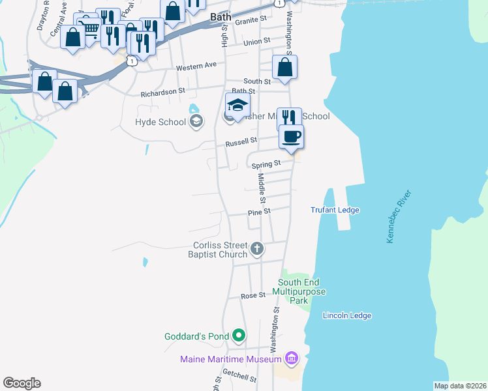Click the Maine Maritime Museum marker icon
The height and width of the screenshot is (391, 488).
click(291, 358)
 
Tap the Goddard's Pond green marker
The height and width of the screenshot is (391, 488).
click(239, 336)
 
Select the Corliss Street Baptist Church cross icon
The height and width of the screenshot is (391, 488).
click(257, 248)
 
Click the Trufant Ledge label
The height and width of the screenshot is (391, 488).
click(335, 210)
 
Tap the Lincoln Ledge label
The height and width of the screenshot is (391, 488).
click(347, 315)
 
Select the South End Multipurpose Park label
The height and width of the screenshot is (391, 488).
click(301, 292)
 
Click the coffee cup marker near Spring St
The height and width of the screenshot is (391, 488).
click(291, 137)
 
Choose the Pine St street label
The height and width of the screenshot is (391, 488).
click(258, 212)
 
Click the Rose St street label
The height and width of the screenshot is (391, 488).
click(253, 295)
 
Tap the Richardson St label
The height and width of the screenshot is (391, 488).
click(159, 93)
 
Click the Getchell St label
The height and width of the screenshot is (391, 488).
click(236, 376)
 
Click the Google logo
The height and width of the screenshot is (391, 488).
click(22, 383)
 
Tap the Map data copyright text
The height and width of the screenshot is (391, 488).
click(459, 386)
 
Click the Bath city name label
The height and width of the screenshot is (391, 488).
click(219, 15)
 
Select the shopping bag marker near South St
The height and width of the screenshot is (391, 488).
click(284, 67)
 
